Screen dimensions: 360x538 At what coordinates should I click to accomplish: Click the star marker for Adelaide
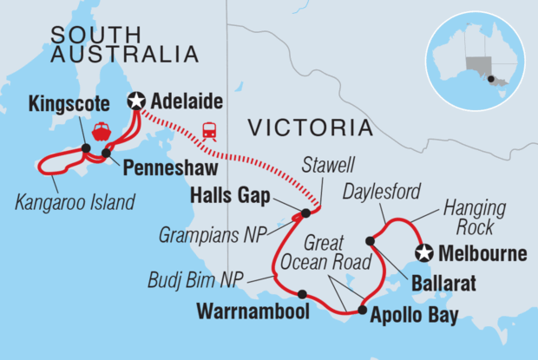(135, 101)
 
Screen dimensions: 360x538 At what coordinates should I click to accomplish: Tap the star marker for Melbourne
(423, 253)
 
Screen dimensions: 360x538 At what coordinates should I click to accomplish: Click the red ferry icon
(102, 132)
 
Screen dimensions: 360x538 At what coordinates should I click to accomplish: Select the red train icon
(210, 131)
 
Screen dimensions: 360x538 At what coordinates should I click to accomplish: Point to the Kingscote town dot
(86, 148)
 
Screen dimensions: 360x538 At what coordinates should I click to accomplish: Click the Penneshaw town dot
(106, 154)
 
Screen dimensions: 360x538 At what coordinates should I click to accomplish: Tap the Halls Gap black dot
(305, 213)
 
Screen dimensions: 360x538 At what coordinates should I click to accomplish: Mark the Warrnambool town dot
(302, 293)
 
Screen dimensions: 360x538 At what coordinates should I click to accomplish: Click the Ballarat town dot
(371, 240)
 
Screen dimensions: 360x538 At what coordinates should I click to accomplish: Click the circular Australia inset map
(475, 60)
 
